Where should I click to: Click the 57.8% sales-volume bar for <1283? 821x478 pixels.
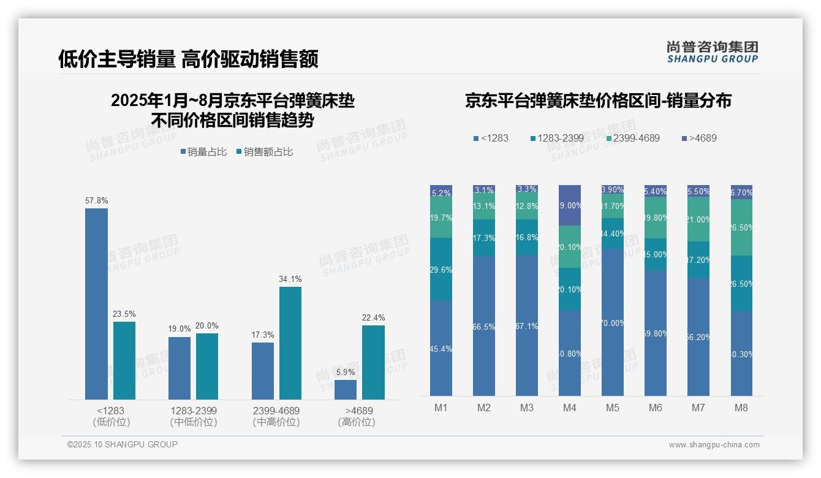(96, 304)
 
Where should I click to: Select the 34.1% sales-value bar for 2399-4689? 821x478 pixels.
(290, 343)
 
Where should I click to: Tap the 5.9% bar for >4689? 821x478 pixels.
(346, 390)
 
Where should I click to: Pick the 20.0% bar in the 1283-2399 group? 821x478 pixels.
(207, 366)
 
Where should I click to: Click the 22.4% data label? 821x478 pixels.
(374, 317)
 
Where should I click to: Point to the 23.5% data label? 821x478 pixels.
(124, 314)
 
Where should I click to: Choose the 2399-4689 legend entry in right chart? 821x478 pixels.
(632, 138)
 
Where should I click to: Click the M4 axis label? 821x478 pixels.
(569, 408)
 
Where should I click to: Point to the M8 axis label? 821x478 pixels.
(741, 408)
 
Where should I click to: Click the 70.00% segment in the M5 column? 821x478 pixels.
(613, 322)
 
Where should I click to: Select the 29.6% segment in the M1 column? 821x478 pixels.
(441, 269)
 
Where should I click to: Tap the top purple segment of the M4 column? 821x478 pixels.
(570, 205)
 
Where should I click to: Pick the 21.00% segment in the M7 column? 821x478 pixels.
(698, 219)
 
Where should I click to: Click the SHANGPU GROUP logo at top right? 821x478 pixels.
(712, 51)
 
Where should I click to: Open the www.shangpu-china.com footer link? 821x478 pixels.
(714, 445)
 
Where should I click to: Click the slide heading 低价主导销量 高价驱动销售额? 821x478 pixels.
(188, 59)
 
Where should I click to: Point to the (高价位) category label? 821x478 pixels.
(357, 422)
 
